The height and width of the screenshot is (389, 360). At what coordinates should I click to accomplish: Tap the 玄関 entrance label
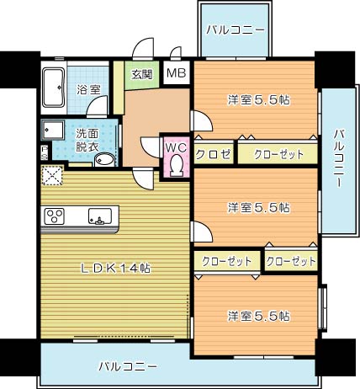pos(140,74)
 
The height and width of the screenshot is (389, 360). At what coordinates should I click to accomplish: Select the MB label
pos(176,74)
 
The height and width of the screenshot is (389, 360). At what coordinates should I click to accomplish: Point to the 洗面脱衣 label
pos(86,139)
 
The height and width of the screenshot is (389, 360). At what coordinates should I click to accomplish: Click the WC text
pos(175,147)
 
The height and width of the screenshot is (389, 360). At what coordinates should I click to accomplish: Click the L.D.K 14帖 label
pos(116,269)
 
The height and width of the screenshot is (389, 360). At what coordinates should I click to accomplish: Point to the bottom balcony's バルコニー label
pos(127,367)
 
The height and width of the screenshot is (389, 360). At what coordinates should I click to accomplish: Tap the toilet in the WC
pos(175,166)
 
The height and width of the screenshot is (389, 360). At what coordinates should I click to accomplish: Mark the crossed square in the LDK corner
pos(52,177)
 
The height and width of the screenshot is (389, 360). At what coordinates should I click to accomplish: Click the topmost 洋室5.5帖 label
pos(258,99)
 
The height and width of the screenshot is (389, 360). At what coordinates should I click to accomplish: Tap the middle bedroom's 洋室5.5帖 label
pos(258,206)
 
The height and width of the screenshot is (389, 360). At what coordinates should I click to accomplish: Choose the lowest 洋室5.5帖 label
pos(258,316)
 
